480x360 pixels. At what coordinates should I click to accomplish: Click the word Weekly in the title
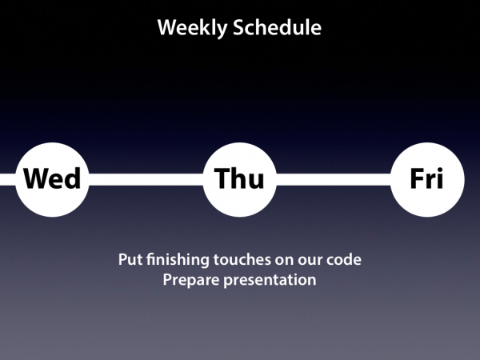click(192, 28)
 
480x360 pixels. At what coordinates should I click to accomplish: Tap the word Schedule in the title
click(278, 27)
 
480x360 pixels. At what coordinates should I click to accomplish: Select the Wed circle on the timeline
click(52, 180)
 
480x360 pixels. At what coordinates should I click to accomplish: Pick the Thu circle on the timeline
click(240, 180)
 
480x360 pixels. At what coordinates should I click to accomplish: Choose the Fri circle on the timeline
click(427, 180)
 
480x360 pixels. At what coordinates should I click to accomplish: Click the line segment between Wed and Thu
click(146, 179)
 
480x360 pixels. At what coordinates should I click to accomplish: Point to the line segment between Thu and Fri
click(334, 179)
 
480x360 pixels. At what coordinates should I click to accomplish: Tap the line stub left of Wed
click(8, 179)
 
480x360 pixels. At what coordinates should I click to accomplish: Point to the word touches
click(242, 259)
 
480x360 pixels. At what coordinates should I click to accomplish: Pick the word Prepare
click(191, 281)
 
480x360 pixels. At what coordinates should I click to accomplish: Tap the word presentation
click(270, 281)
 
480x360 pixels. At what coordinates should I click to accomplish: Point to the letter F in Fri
click(418, 178)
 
